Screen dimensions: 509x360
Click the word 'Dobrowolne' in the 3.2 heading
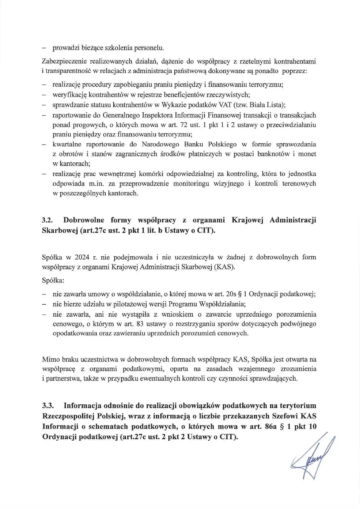[84, 220]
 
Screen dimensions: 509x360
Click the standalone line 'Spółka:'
[53, 280]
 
